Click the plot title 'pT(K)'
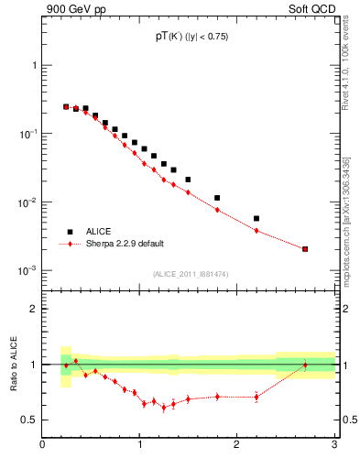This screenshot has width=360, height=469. click(x=169, y=36)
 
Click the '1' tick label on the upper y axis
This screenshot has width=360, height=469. click(x=34, y=66)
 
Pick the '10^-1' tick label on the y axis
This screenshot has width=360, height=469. click(x=28, y=134)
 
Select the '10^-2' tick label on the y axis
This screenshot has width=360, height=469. click(x=28, y=202)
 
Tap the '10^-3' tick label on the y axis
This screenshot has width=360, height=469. click(x=28, y=271)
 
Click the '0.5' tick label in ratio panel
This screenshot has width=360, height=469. click(x=29, y=420)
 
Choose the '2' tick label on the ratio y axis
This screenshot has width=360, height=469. click(x=34, y=309)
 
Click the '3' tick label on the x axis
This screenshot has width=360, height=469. click(x=334, y=448)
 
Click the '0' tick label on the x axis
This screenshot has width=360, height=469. click(x=42, y=448)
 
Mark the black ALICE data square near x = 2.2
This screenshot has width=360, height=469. click(x=256, y=218)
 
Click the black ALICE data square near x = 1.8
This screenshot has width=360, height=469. click(x=217, y=198)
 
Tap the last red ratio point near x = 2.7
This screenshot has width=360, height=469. click(x=305, y=365)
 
